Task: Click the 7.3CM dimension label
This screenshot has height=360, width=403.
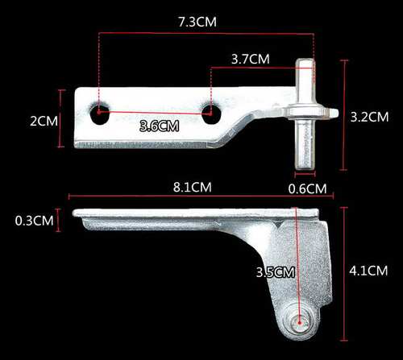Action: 197,22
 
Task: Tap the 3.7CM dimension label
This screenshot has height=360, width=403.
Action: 251,59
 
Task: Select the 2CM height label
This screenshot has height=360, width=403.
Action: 44,121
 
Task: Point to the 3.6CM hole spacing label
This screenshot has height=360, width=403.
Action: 160,126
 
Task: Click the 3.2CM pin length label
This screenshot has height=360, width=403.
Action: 369,117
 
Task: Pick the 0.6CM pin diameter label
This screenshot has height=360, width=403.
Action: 307,188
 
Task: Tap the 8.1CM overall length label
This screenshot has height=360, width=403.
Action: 193,187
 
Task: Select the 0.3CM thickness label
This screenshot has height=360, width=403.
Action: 34,221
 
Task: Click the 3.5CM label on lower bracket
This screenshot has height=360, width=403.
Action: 275,272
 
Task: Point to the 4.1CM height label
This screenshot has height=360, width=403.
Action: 368,271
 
